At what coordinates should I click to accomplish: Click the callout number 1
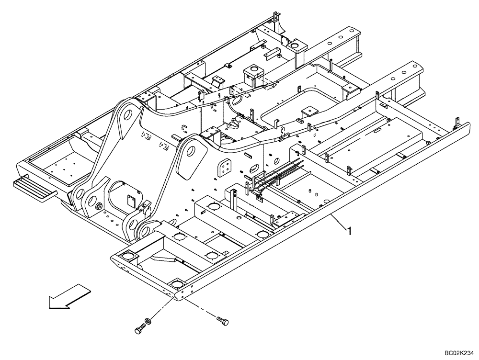click(x=350, y=231)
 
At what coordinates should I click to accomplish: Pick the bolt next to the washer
click(x=139, y=329)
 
